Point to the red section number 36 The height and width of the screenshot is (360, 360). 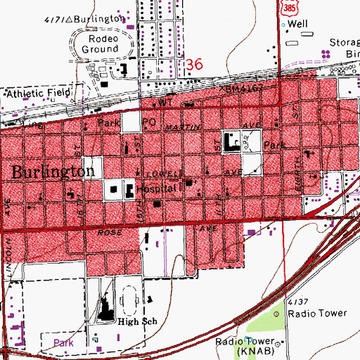[194, 65]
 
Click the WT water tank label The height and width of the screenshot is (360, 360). [166, 102]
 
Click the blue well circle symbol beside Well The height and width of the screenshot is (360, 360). [284, 25]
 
